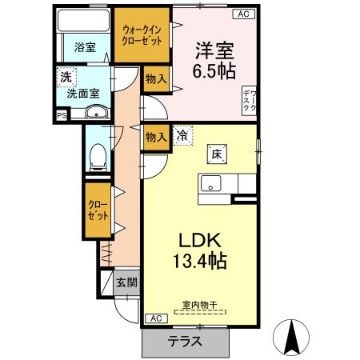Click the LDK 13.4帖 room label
[198, 249]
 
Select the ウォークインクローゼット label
[142, 34]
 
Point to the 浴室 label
[85, 46]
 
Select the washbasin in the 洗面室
[97, 113]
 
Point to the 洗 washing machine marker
[64, 77]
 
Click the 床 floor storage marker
[216, 153]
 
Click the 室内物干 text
[200, 305]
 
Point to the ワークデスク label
[250, 102]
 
